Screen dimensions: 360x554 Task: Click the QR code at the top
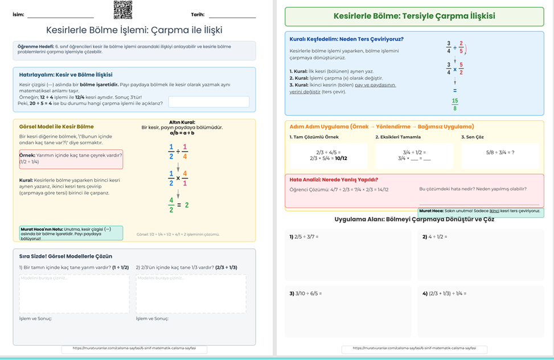click(x=122, y=9)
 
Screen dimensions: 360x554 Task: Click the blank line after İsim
click(x=60, y=17)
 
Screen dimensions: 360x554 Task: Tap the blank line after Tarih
click(x=232, y=17)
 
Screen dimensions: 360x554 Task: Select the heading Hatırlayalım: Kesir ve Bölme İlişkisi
click(x=65, y=75)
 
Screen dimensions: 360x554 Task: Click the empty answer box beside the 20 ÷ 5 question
click(x=208, y=102)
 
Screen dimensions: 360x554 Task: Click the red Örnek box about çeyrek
click(x=71, y=159)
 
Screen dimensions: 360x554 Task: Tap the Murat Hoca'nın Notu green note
click(x=71, y=232)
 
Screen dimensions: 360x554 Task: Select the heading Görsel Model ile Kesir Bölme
click(x=56, y=126)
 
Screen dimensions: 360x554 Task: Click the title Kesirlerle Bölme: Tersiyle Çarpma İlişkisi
click(x=414, y=17)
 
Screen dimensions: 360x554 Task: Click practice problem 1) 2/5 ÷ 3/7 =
click(x=304, y=236)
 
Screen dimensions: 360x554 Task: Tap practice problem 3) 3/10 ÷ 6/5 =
click(x=306, y=293)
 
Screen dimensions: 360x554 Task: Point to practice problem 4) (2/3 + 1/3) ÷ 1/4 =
click(x=445, y=293)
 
